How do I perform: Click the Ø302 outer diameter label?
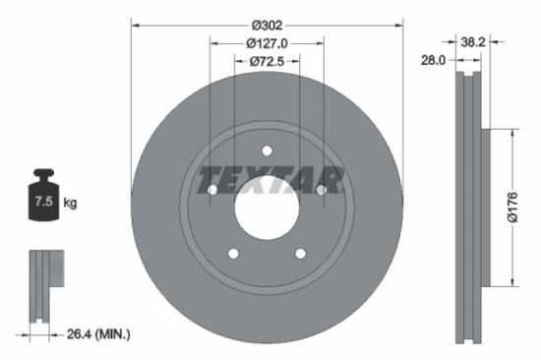coord(267,24)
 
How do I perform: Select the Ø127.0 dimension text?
coord(267,43)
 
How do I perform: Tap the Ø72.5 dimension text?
coord(267,62)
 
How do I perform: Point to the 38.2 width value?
coord(474,41)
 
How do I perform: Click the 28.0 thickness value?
coord(434,60)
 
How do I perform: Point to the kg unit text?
coord(70,203)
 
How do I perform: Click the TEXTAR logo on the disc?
coord(270,181)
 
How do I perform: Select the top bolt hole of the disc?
coord(267,150)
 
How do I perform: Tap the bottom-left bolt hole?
coord(233,254)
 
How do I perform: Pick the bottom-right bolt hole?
coord(300,254)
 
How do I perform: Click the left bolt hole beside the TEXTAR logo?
coord(211,189)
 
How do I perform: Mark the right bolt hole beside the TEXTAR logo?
coord(322,189)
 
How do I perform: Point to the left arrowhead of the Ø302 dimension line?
coord(136,24)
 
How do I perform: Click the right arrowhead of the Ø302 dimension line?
coord(398,24)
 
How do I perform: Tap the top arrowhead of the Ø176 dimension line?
coord(510,133)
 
